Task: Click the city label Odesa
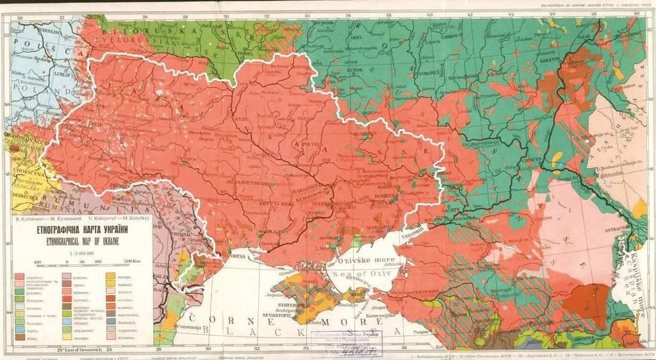[236, 256]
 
